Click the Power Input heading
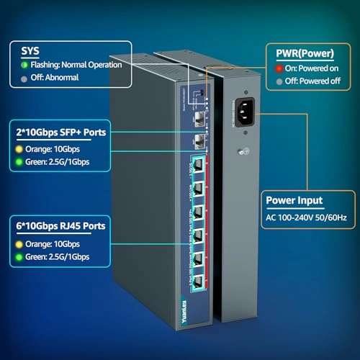pyautogui.click(x=294, y=202)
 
